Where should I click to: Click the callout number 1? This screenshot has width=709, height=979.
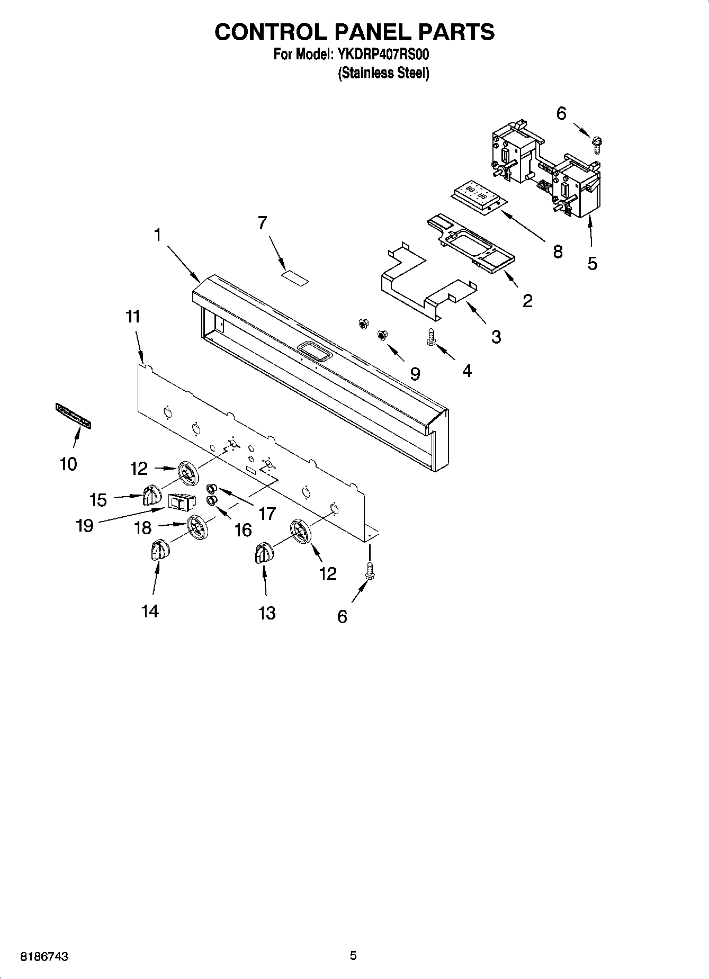157,235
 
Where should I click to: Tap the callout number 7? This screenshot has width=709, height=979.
263,223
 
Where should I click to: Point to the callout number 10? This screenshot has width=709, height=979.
68,464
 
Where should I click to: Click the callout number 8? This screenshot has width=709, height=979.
558,251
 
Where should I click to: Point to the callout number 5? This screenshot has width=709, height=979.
592,263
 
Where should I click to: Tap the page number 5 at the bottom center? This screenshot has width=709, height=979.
353,956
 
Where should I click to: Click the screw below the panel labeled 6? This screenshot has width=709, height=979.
370,571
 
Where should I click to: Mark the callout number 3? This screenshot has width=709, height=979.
496,336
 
